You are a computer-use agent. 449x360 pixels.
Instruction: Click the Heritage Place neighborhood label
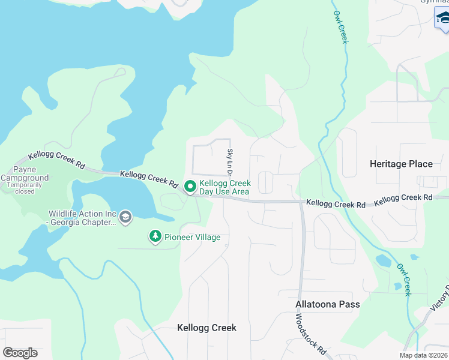pyautogui.click(x=401, y=164)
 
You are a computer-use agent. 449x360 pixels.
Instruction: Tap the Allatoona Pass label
pyautogui.click(x=328, y=304)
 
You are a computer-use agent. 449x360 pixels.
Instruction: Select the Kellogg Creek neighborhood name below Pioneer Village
pyautogui.click(x=206, y=328)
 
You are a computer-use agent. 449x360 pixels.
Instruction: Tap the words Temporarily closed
pyautogui.click(x=25, y=188)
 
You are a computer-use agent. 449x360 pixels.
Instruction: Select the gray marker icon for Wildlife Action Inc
pyautogui.click(x=125, y=217)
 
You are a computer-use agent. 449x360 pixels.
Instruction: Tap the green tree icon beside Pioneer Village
pyautogui.click(x=155, y=237)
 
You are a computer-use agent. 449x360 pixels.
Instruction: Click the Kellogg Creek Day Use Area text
pyautogui.click(x=224, y=187)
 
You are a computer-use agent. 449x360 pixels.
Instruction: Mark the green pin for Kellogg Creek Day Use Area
pyautogui.click(x=190, y=187)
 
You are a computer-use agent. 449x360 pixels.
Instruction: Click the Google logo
pyautogui.click(x=20, y=353)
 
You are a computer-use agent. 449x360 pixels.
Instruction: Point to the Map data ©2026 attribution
pyautogui.click(x=424, y=355)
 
